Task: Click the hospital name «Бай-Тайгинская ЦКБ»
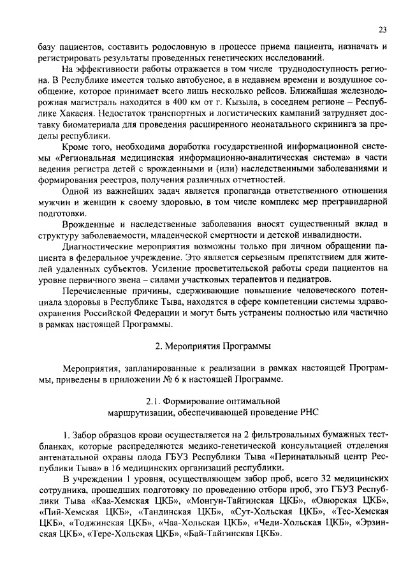(233, 534)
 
